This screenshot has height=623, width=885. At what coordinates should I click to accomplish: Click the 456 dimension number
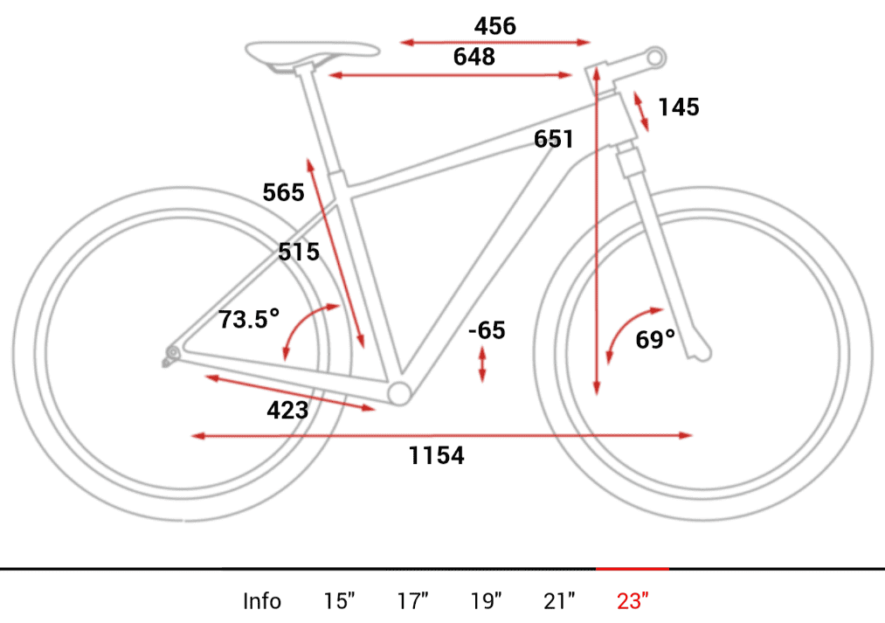click(495, 26)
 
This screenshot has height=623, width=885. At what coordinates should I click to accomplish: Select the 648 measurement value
click(474, 57)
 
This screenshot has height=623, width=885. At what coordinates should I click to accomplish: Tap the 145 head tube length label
click(679, 107)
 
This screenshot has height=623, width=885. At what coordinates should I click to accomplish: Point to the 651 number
click(554, 139)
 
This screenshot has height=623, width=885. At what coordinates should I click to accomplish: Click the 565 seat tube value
click(283, 192)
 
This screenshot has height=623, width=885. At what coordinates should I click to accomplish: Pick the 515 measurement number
click(299, 252)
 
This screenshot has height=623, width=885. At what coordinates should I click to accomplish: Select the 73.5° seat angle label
click(249, 319)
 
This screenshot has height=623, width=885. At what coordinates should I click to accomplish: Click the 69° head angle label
click(655, 339)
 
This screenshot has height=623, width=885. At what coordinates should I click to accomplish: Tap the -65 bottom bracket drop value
click(487, 330)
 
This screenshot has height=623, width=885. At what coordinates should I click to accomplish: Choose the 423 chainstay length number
click(287, 411)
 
